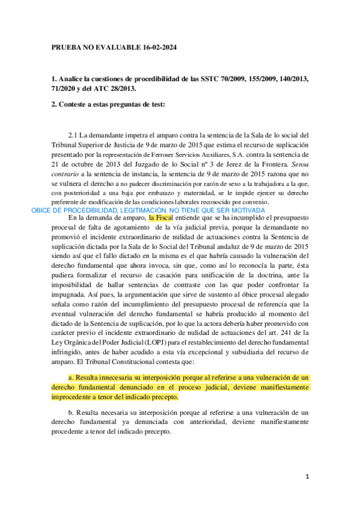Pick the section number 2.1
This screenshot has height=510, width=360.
click(75, 134)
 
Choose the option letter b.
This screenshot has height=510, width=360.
click(70, 413)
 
